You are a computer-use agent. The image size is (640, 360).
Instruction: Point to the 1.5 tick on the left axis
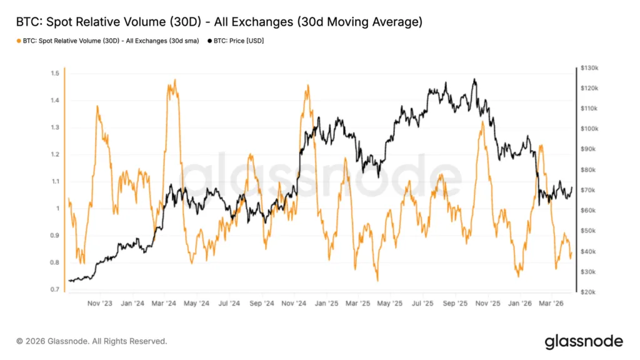[56, 73]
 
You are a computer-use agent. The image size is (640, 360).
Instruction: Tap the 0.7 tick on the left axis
[56, 290]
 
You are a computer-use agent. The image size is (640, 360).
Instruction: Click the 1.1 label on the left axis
[56, 182]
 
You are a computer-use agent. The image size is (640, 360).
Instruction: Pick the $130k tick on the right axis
[590, 67]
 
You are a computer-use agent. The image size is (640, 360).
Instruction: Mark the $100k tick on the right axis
[590, 129]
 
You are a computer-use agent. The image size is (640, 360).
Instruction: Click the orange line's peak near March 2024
[174, 80]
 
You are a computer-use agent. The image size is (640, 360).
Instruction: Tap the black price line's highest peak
[474, 79]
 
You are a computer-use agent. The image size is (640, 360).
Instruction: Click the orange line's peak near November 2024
[307, 86]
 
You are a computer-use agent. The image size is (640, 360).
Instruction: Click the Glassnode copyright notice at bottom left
[92, 341]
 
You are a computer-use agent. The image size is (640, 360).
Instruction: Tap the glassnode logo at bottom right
[584, 341]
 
